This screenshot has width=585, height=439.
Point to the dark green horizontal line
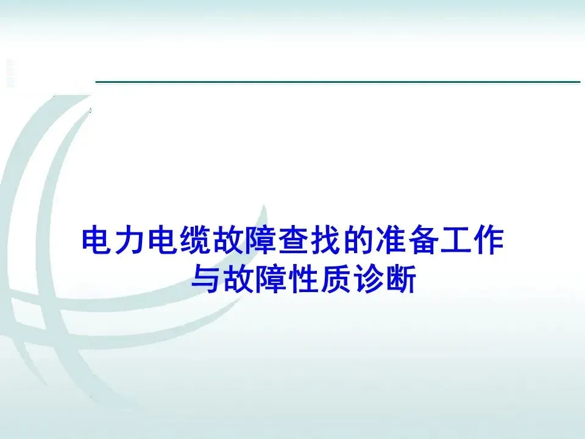338,82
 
